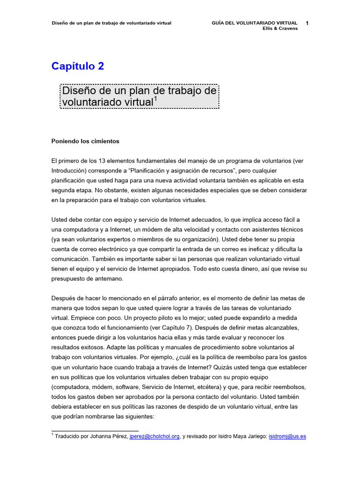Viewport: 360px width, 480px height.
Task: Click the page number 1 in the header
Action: (x=306, y=22)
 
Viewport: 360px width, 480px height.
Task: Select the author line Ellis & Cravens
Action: (x=280, y=28)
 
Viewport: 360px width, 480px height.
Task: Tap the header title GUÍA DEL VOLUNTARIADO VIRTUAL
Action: (x=255, y=22)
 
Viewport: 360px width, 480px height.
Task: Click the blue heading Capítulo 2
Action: (x=78, y=67)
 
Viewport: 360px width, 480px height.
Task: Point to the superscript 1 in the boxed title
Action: (x=156, y=98)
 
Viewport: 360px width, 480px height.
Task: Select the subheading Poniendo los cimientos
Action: (x=85, y=141)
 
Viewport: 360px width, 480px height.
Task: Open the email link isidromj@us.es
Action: (x=287, y=436)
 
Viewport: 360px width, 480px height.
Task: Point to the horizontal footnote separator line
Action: (x=95, y=430)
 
